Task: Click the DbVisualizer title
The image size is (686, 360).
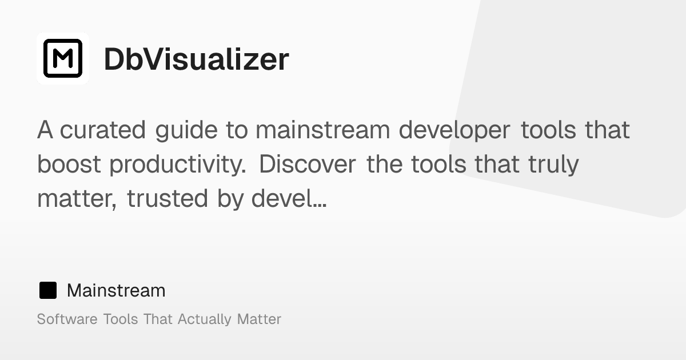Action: (196, 59)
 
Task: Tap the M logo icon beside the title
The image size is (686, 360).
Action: (63, 58)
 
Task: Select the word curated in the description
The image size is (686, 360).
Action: (103, 130)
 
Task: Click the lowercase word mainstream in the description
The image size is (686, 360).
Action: (322, 130)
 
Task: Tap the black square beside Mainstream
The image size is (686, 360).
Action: (48, 290)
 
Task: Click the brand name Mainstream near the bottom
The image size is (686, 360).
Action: (116, 290)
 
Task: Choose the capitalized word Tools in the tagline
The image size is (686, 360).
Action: (120, 319)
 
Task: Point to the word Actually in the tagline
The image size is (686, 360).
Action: (205, 319)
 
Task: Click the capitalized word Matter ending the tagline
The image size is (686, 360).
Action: (259, 319)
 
